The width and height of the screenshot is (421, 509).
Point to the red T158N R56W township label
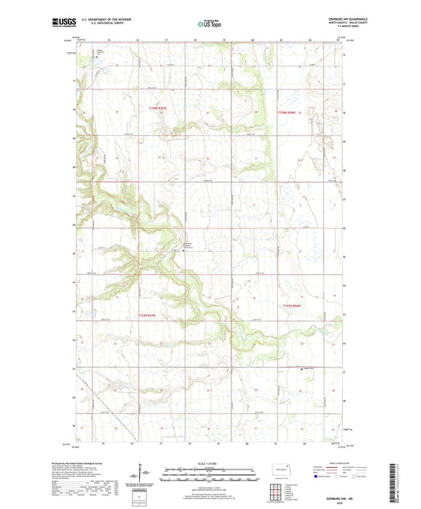pos(291,112)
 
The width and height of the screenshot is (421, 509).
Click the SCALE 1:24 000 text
pos(209,464)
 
